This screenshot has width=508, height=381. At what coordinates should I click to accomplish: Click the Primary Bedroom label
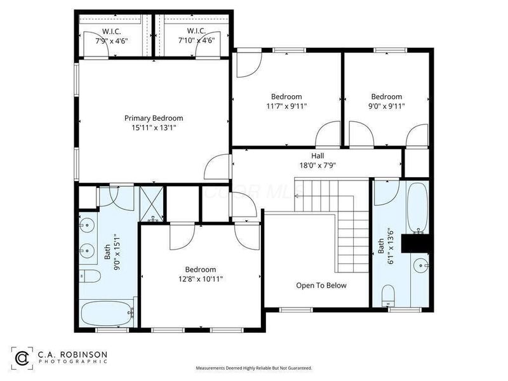pos(154,118)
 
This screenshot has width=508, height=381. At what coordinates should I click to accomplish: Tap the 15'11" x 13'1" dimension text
pos(154,128)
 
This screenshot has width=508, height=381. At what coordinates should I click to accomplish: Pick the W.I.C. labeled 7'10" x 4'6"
pos(196,36)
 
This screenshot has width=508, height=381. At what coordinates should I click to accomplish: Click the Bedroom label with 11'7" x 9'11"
pos(286,97)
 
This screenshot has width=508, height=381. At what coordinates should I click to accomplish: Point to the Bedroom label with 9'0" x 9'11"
pos(387,97)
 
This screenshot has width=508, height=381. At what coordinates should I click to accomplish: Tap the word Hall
pos(317,156)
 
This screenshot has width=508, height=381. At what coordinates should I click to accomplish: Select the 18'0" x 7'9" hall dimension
pos(317,166)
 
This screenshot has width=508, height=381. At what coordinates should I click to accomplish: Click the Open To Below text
pos(321,285)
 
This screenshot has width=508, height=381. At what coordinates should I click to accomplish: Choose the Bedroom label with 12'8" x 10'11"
pos(201,269)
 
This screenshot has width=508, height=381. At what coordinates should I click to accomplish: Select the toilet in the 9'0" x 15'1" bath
pos(91,277)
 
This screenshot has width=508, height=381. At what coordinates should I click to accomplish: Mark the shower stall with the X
pos(152,203)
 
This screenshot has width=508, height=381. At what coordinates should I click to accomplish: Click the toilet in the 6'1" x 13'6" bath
pos(388,294)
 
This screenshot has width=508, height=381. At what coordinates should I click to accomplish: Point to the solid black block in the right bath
pos(418,243)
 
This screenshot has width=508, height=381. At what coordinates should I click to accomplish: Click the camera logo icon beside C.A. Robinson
pos(22,358)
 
